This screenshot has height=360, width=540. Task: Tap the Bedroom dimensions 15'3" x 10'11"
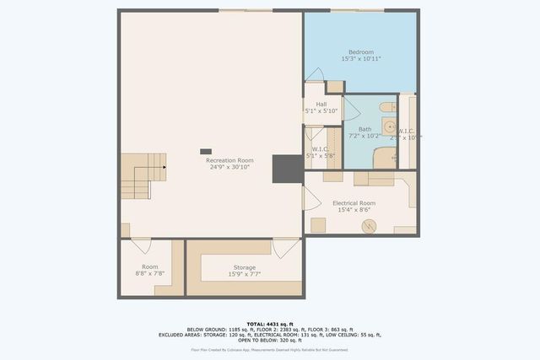pos(360,59)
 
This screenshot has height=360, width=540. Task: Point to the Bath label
pos(364,129)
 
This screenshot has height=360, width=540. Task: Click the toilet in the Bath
pos(386,107)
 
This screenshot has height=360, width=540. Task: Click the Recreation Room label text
pos(229,160)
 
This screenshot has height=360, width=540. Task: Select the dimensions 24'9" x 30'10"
pos(229,167)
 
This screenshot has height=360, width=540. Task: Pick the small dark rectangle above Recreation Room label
pos(206,151)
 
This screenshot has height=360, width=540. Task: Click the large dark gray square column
pos(285,169)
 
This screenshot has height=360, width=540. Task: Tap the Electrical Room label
pos(354,203)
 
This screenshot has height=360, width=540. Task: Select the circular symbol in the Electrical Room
pos(369,226)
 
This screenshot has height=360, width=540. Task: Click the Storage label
pos(244,267)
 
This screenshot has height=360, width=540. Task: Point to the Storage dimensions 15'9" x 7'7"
pos(244,274)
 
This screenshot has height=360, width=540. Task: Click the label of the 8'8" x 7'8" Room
pos(149,266)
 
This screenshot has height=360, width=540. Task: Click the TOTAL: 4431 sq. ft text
pos(270,324)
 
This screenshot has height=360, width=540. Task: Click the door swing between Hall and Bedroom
pos(315,74)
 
